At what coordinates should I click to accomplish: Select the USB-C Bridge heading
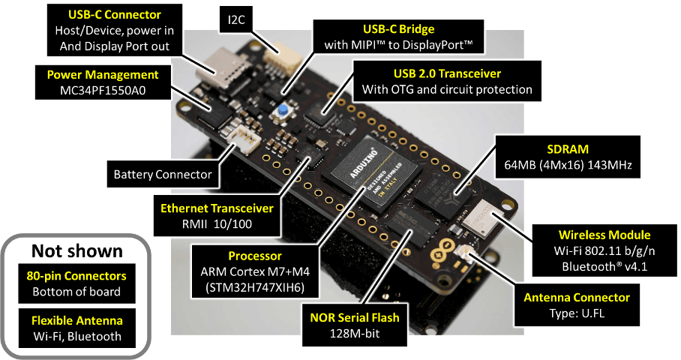click(398, 28)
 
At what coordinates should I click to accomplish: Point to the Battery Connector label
click(163, 175)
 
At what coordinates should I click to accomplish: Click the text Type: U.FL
click(577, 313)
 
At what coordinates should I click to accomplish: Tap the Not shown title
click(76, 250)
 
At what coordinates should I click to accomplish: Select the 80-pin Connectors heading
click(76, 275)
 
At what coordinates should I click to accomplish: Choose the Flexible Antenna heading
click(76, 320)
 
